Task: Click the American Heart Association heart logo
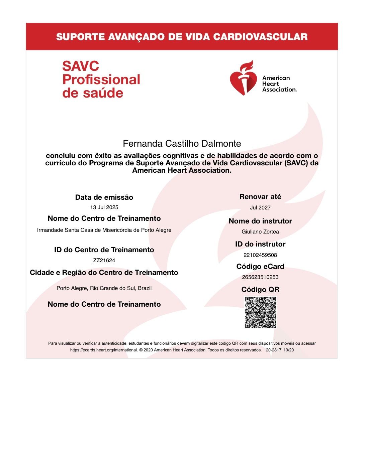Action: [x=243, y=78]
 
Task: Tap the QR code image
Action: [x=261, y=312]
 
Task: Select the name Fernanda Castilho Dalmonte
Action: [x=182, y=144]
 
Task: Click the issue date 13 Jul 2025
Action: [x=104, y=207]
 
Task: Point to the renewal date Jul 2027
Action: [x=260, y=208]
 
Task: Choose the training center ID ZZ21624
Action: [x=104, y=261]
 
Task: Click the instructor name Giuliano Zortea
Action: [x=260, y=232]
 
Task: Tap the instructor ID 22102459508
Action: [x=260, y=255]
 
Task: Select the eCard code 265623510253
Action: [x=260, y=277]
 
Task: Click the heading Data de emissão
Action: [x=104, y=197]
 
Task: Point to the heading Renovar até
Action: [x=260, y=197]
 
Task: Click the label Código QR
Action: [x=260, y=290]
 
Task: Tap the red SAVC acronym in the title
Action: [x=81, y=66]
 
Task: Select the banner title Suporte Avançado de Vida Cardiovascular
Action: [x=182, y=37]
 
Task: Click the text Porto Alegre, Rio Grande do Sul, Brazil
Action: [x=104, y=288]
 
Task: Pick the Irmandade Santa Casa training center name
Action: [x=104, y=230]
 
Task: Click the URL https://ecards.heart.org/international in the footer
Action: [x=104, y=350]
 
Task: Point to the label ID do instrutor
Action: [x=260, y=244]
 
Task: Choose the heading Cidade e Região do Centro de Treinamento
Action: [x=104, y=273]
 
